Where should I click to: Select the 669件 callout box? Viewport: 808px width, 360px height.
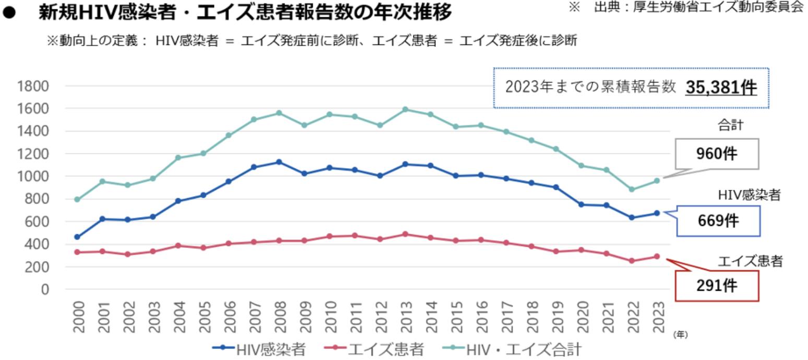click(719, 221)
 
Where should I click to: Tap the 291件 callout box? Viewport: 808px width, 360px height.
click(719, 286)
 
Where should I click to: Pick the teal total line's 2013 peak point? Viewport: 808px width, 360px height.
click(405, 110)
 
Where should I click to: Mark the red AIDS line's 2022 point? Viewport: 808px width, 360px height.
click(632, 261)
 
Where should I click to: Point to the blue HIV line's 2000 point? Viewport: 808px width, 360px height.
click(77, 237)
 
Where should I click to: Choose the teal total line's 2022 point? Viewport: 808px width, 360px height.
click(632, 189)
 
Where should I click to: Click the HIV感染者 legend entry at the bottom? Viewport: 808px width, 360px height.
click(259, 348)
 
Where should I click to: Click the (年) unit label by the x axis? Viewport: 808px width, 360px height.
click(680, 334)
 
